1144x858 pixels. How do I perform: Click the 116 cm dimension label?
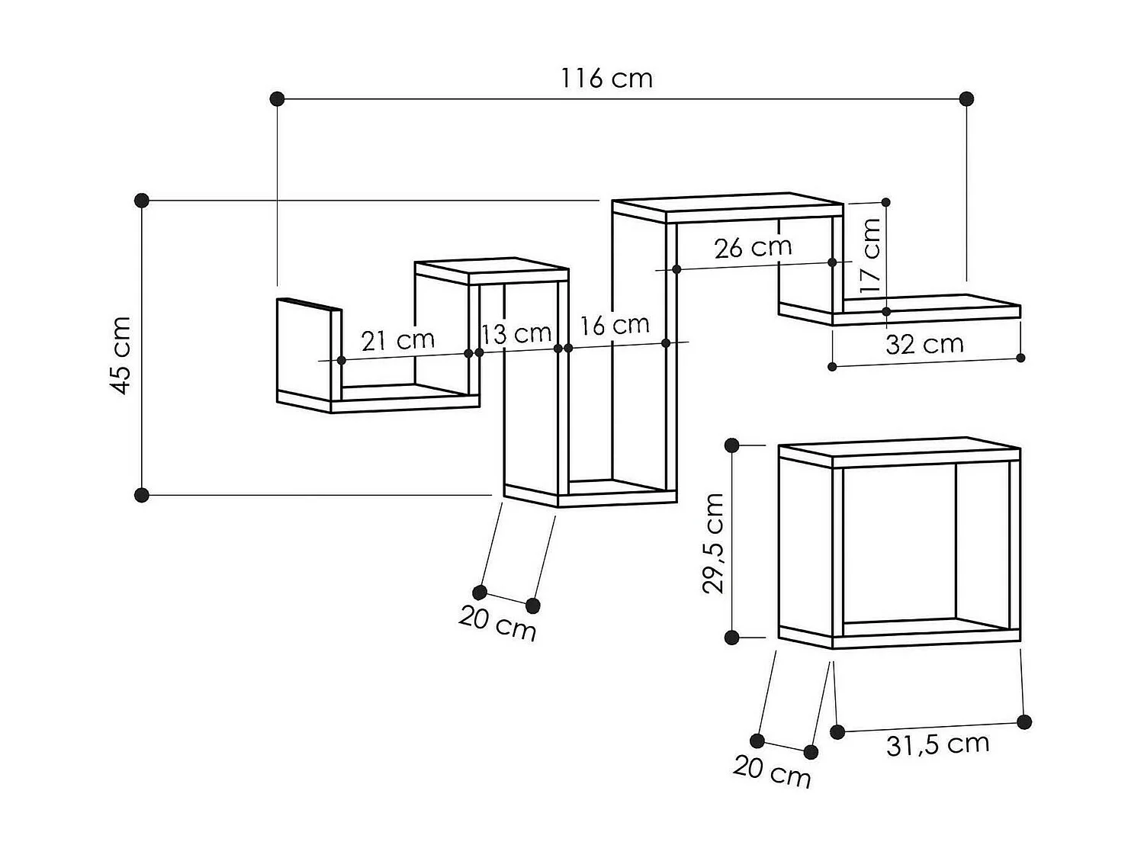607,78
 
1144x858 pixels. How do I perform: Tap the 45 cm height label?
121,355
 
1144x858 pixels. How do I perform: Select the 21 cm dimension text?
397,340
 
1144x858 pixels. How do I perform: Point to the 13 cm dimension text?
516,333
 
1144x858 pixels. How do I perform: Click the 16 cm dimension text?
614,326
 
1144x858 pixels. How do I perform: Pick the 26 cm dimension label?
753,247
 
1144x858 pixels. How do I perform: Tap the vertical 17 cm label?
870,256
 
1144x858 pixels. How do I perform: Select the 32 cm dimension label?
924,345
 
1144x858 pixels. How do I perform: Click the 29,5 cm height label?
713,543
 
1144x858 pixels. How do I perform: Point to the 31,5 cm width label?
937,744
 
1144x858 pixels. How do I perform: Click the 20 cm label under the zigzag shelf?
497,623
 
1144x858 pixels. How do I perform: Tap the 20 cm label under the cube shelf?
772,771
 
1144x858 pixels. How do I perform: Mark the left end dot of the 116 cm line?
278,98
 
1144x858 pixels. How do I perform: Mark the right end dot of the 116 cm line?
966,98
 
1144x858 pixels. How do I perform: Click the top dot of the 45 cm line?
141,201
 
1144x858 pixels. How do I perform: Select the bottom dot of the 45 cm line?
141,495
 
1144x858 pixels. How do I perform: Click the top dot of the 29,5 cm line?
732,445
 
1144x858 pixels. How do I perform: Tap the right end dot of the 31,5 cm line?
1024,721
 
